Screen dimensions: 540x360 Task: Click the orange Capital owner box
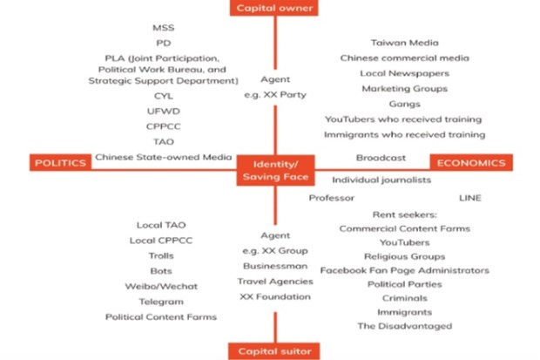(274, 8)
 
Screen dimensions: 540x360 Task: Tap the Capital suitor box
(274, 351)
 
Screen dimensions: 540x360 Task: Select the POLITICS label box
(61, 163)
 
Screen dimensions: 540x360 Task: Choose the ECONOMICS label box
(471, 163)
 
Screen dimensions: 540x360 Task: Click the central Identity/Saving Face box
(275, 170)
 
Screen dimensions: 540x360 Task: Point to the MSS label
(164, 28)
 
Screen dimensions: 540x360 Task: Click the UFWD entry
(164, 111)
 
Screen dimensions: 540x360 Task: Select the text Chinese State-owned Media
(164, 157)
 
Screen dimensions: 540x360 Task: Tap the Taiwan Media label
(405, 43)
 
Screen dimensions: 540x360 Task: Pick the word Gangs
(405, 104)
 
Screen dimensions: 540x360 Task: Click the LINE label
(470, 198)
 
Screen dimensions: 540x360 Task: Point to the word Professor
(332, 198)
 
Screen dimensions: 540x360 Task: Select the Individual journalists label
(381, 180)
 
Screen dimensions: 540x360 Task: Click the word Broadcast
(381, 158)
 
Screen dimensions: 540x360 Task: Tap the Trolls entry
(161, 255)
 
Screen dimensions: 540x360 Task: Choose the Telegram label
(161, 302)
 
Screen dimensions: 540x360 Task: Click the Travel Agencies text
(275, 282)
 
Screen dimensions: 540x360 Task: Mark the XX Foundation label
(275, 296)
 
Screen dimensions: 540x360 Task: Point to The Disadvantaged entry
(405, 326)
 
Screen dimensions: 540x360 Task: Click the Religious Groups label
(405, 256)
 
